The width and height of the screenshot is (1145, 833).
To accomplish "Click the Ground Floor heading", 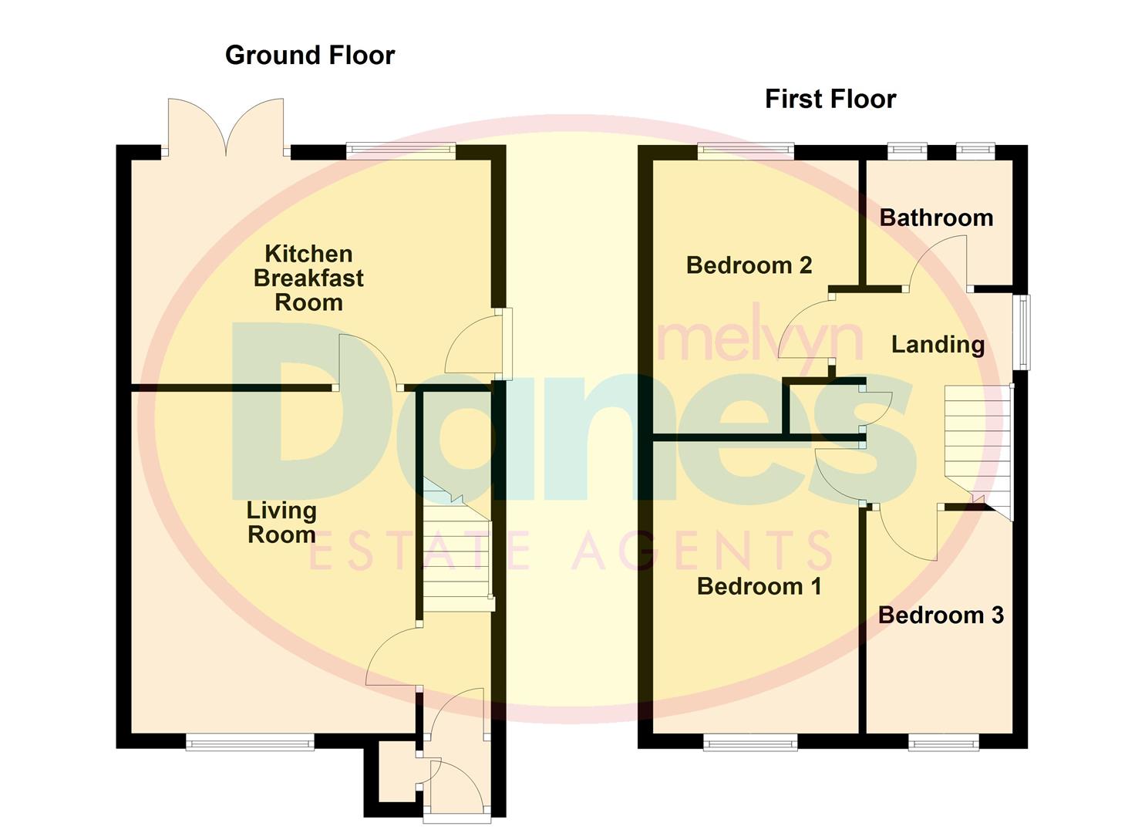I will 310,56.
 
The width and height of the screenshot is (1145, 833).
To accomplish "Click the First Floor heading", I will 830,99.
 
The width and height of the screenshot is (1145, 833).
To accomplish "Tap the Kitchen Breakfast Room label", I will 308,278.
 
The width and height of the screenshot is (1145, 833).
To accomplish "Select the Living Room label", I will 281,522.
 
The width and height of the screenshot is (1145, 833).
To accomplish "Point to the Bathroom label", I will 936,218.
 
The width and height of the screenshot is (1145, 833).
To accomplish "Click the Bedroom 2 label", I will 749,265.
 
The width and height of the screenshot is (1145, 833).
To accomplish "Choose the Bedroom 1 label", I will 759,586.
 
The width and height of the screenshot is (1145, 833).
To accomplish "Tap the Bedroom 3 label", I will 941,615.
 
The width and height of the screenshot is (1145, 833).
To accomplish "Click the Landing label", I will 938,345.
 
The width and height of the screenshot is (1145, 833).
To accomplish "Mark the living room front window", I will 250,742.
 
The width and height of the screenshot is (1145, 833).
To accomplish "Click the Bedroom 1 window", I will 750,744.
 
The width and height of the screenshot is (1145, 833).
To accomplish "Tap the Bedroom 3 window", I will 943,744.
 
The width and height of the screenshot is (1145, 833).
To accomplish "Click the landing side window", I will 1022,332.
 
